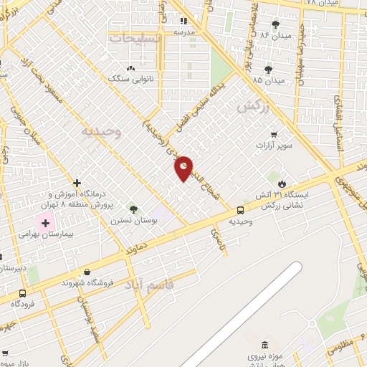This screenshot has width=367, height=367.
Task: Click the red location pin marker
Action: [183, 168]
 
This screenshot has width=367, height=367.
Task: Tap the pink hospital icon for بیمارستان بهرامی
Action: [45, 223]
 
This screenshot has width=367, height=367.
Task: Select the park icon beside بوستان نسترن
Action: [133, 209]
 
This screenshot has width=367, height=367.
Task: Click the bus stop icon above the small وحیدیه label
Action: [240, 210]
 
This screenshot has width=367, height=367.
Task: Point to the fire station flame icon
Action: [282, 183]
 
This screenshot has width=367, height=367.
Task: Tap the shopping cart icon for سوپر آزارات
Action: [273, 134]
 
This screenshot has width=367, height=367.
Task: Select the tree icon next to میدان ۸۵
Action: [268, 70]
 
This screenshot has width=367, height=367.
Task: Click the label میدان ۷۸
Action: [321, 3]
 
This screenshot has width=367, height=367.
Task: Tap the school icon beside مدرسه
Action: [183, 22]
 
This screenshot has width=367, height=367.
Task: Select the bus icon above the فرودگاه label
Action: [23, 293]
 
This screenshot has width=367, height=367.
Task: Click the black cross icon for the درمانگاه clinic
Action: [77, 183]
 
